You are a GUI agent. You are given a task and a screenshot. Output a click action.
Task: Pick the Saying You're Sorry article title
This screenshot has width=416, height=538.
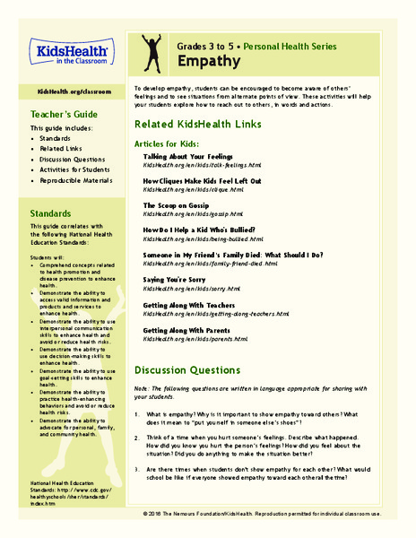pyautogui.click(x=179, y=280)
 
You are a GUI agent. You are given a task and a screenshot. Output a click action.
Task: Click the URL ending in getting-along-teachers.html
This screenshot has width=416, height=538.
pyautogui.click(x=216, y=314)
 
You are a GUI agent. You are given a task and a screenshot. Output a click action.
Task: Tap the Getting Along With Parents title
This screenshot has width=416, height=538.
pyautogui.click(x=192, y=330)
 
